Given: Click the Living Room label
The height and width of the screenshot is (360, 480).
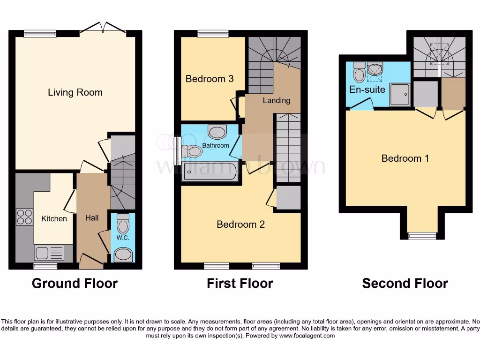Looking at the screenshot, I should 75,92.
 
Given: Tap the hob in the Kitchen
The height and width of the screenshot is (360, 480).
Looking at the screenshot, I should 24,216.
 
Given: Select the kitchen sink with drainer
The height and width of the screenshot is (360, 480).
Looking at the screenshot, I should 49,253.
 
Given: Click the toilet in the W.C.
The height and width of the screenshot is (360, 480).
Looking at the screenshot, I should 123,224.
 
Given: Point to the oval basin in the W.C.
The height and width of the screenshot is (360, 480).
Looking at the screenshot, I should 123,255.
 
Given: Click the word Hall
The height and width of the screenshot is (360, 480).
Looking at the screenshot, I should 92,218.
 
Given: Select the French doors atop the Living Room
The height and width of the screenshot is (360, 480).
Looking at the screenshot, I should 103,29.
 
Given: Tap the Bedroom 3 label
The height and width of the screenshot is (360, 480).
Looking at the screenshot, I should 210,79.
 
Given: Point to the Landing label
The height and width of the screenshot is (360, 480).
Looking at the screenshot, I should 276,100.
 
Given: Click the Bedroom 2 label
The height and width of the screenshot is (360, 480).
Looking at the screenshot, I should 240,225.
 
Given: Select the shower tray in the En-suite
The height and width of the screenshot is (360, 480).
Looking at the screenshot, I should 399,95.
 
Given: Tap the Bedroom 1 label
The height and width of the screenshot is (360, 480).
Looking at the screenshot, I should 405,158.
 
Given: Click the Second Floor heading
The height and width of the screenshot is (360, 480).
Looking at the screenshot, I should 405,284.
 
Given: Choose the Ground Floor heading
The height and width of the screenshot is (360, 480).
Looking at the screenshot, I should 75,284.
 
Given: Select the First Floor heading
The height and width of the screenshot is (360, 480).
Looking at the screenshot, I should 240,284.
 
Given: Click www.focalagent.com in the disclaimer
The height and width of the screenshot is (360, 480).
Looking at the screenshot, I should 307,336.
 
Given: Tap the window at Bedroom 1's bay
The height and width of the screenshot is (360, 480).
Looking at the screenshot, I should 422,236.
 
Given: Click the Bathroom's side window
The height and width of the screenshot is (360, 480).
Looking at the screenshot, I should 177,150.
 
